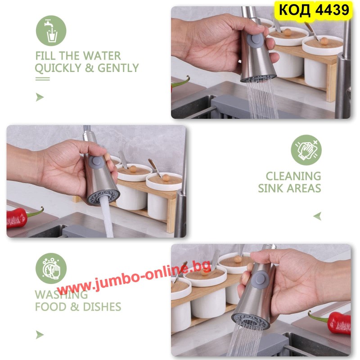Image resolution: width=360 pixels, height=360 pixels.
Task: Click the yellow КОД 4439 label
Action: [x=313, y=10]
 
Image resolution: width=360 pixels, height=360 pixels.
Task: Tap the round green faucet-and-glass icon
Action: [x=51, y=31]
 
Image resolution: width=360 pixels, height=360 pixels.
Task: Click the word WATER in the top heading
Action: [x=102, y=56]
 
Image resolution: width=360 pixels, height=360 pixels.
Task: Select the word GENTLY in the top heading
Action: [x=118, y=68]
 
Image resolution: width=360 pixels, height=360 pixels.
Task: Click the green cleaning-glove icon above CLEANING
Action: [x=306, y=150]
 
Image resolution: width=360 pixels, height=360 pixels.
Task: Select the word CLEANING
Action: [x=293, y=176]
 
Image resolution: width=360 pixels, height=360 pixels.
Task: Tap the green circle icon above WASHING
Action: [x=51, y=268]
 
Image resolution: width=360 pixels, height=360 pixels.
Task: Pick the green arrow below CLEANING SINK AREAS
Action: [x=317, y=216]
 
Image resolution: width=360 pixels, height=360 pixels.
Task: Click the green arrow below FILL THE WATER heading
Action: [x=40, y=97]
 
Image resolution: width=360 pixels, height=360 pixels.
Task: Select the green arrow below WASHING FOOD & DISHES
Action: [x=40, y=335]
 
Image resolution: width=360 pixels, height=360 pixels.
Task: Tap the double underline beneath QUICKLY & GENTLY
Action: [x=42, y=79]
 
